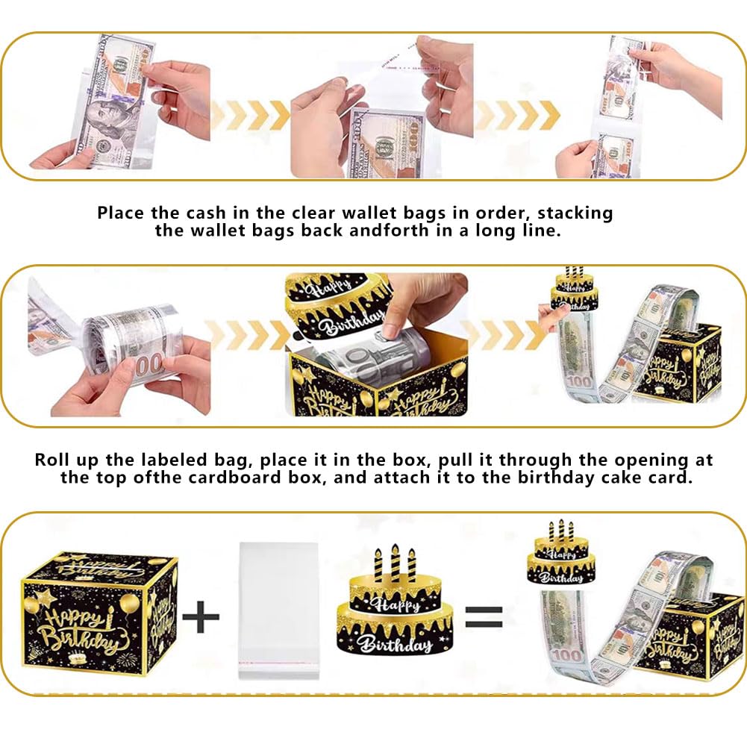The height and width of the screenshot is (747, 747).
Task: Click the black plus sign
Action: point(201,616)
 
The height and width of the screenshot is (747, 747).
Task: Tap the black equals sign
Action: point(484,617)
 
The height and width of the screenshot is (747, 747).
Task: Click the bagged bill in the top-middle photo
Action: point(387,143)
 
